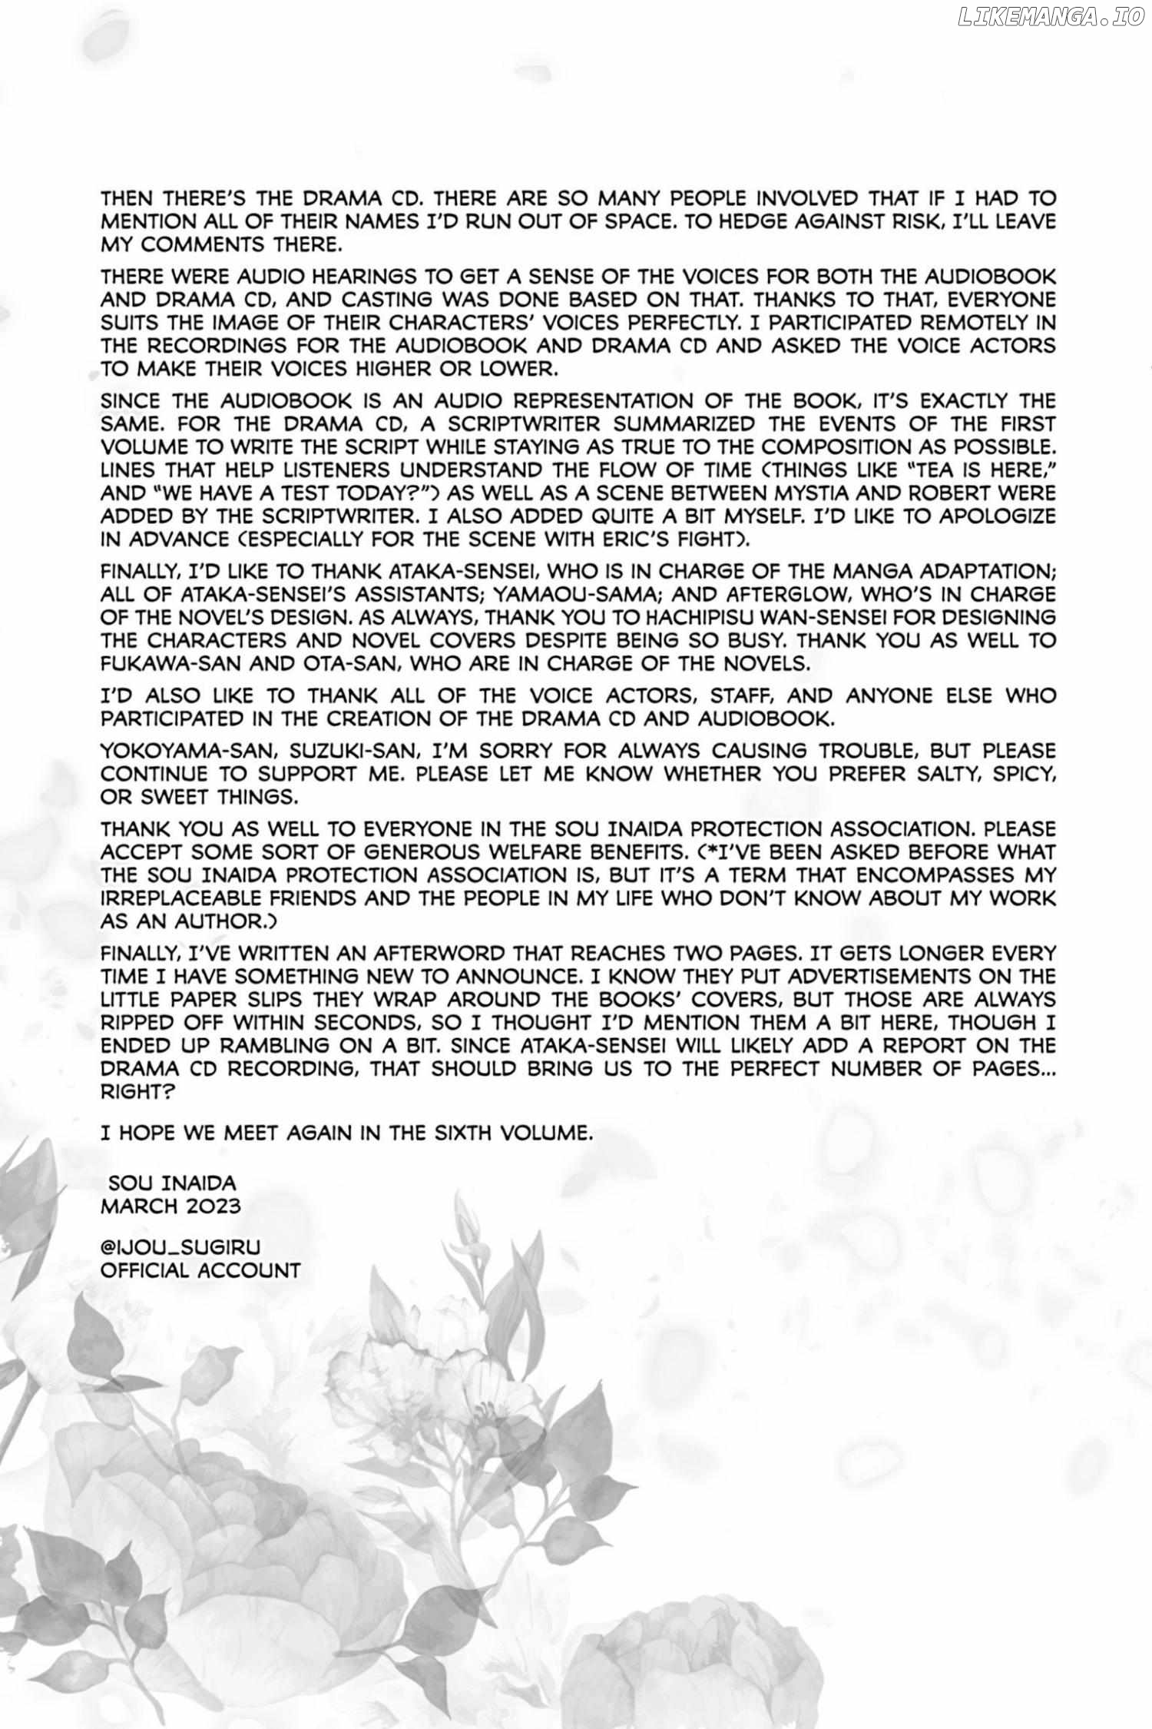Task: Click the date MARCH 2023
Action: [170, 1206]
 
